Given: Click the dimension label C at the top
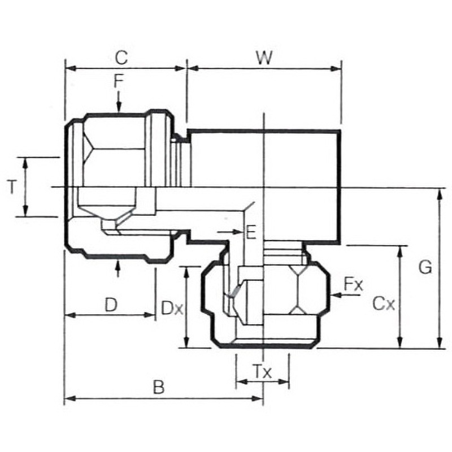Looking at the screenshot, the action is pos(121,58).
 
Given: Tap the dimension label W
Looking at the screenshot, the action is pos(264,58).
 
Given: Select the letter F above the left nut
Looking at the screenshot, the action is pos(118,81).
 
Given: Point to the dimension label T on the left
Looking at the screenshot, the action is pos(11,187).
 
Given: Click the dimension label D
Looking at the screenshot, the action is pos(111,305).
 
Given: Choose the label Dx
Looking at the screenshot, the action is pos(172,308).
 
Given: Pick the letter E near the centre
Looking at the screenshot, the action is pos(251,232).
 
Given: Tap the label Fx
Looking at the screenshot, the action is pos(354,285).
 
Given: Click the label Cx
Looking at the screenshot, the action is pos(384,303).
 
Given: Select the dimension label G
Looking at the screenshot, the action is pos(425,267).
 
